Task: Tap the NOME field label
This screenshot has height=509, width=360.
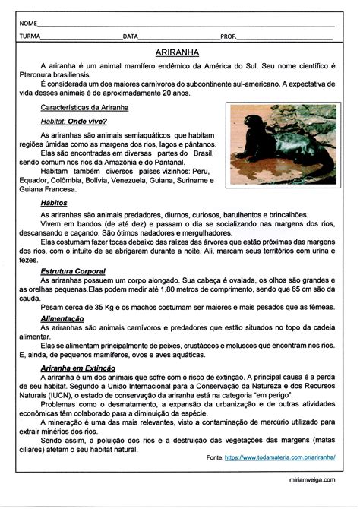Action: [27, 22]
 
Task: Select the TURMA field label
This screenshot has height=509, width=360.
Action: [30, 36]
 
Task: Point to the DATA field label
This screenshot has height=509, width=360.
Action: [131, 36]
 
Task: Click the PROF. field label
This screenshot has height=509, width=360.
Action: [228, 36]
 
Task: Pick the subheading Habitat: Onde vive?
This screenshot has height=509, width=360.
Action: [73, 121]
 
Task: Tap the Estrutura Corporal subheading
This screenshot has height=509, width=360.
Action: [73, 270]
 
